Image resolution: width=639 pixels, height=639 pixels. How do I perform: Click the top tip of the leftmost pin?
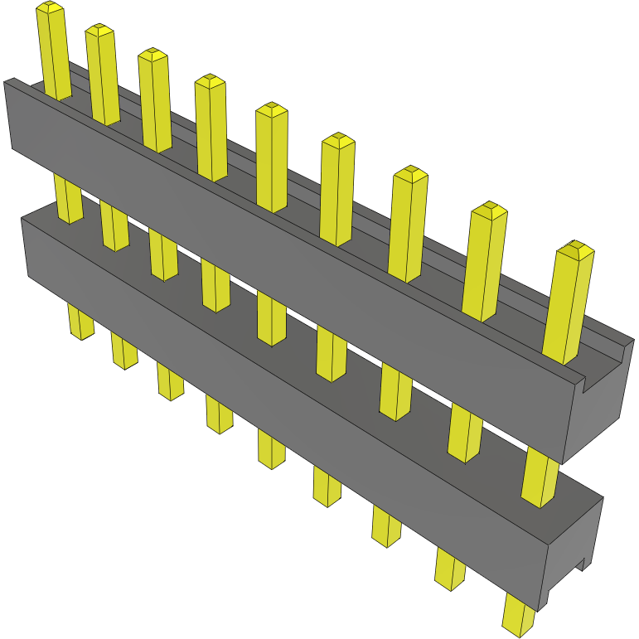click(50, 8)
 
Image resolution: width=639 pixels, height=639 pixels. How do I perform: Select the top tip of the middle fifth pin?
click(271, 109)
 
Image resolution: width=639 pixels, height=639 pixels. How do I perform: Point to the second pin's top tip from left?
click(99, 30)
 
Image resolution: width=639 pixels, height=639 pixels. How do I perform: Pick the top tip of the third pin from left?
click(152, 54)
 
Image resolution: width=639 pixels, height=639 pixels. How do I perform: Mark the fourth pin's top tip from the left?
click(210, 80)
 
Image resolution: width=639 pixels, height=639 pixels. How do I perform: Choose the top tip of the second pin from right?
click(489, 208)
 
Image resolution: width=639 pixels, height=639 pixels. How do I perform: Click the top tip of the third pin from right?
click(410, 173)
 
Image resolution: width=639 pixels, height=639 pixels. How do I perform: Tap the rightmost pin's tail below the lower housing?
click(519, 617)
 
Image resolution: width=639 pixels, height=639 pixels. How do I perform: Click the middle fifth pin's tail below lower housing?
click(271, 448)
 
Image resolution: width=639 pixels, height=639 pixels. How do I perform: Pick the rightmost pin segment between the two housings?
click(540, 478)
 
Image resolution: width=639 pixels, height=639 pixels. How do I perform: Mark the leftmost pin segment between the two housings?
click(69, 199)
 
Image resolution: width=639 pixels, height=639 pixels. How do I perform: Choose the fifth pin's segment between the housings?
click(271, 318)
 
